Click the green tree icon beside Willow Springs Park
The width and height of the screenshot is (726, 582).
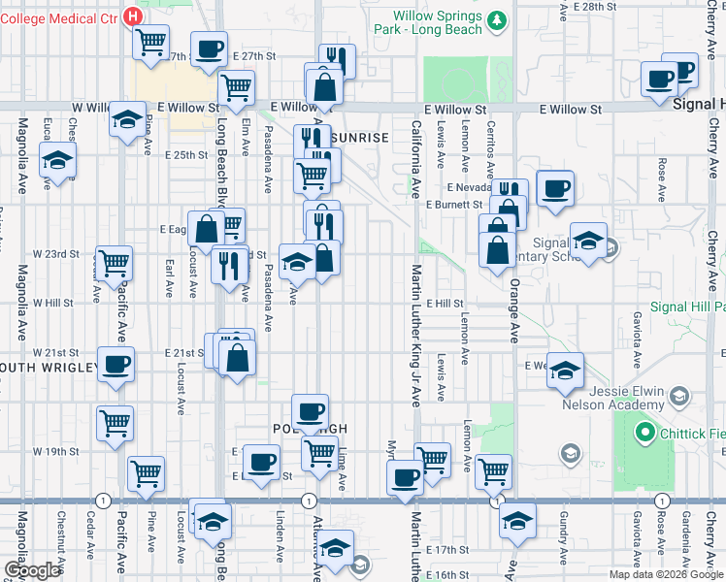pyautogui.click(x=498, y=22)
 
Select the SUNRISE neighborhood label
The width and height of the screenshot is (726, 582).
pyautogui.click(x=363, y=138)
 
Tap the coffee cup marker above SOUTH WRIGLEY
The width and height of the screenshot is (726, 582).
pyautogui.click(x=115, y=366)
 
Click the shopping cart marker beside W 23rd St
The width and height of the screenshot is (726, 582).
pyautogui.click(x=115, y=261)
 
